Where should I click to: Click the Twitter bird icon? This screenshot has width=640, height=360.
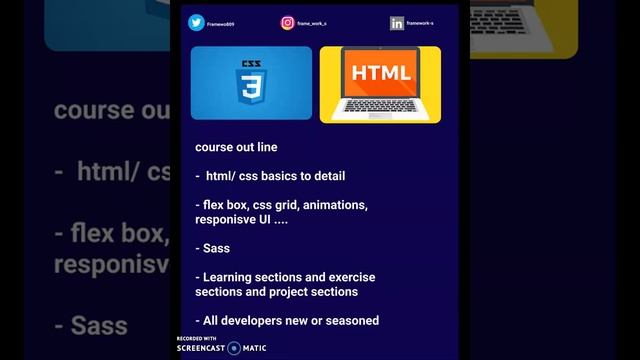pos(196,22)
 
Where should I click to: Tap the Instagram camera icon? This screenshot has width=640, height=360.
pos(287,22)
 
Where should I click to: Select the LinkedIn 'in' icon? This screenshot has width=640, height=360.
pos(397,22)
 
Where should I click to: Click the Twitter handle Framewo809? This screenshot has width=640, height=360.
pos(220,23)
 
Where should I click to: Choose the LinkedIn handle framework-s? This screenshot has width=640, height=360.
pos(420,22)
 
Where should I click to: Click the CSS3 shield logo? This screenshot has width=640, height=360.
pos(251,83)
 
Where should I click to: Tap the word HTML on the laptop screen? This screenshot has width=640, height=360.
pos(380,73)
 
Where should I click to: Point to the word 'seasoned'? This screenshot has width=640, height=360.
pos(352,320)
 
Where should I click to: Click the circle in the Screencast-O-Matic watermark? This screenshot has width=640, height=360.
pos(234,348)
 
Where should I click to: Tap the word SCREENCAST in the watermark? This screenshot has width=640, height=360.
pos(201,348)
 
